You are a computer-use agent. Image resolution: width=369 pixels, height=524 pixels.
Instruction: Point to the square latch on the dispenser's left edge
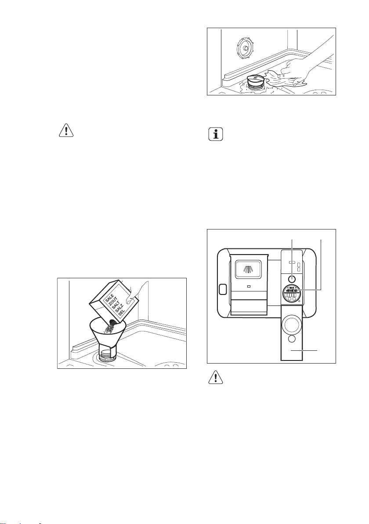tap(223, 290)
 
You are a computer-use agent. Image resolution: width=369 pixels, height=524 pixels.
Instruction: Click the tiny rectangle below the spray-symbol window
tap(249, 285)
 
